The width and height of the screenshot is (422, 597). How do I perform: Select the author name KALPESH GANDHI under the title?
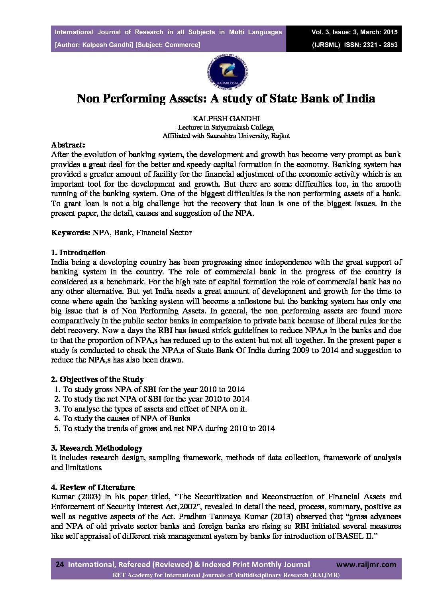226,119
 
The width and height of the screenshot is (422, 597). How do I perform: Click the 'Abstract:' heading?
68,145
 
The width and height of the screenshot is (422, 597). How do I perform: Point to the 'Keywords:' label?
71,232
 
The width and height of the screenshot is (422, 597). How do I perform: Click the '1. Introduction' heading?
78,252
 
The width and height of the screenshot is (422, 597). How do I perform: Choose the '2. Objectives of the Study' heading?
97,379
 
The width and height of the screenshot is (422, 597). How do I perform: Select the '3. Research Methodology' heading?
96,448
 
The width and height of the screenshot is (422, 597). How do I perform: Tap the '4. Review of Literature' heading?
93,487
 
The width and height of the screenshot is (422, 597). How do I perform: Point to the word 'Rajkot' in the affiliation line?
281,136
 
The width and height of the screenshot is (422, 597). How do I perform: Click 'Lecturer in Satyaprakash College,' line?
226,128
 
